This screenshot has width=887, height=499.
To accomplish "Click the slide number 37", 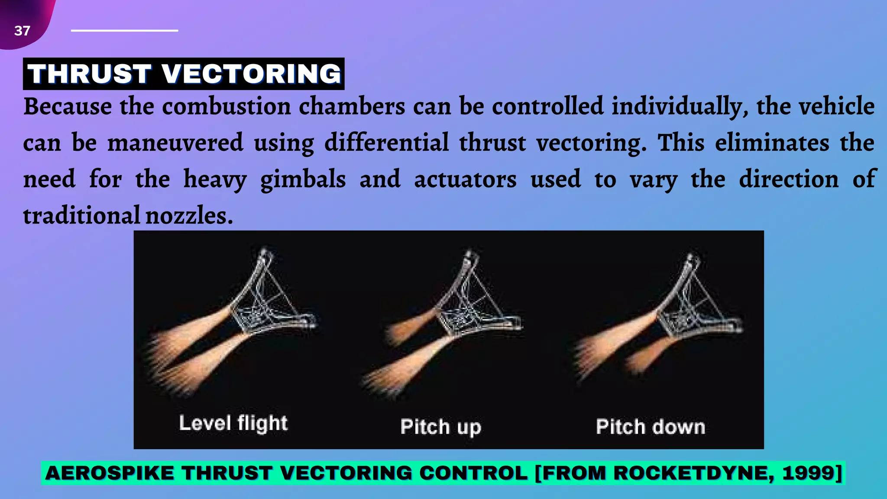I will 22,31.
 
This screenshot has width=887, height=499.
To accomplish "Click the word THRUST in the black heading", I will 90,74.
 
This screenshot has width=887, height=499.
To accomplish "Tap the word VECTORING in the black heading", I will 252,74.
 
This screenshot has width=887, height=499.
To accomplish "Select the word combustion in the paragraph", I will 226,106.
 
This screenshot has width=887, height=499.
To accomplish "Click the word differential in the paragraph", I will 387,143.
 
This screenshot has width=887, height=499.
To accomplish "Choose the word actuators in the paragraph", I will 465,180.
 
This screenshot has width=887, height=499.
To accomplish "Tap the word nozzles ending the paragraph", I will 189,216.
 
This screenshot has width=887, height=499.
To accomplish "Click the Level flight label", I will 233,423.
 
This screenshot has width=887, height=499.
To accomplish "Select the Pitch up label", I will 440,427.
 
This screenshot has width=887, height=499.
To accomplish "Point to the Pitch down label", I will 651,427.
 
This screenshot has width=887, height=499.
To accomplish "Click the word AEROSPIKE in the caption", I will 110,473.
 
